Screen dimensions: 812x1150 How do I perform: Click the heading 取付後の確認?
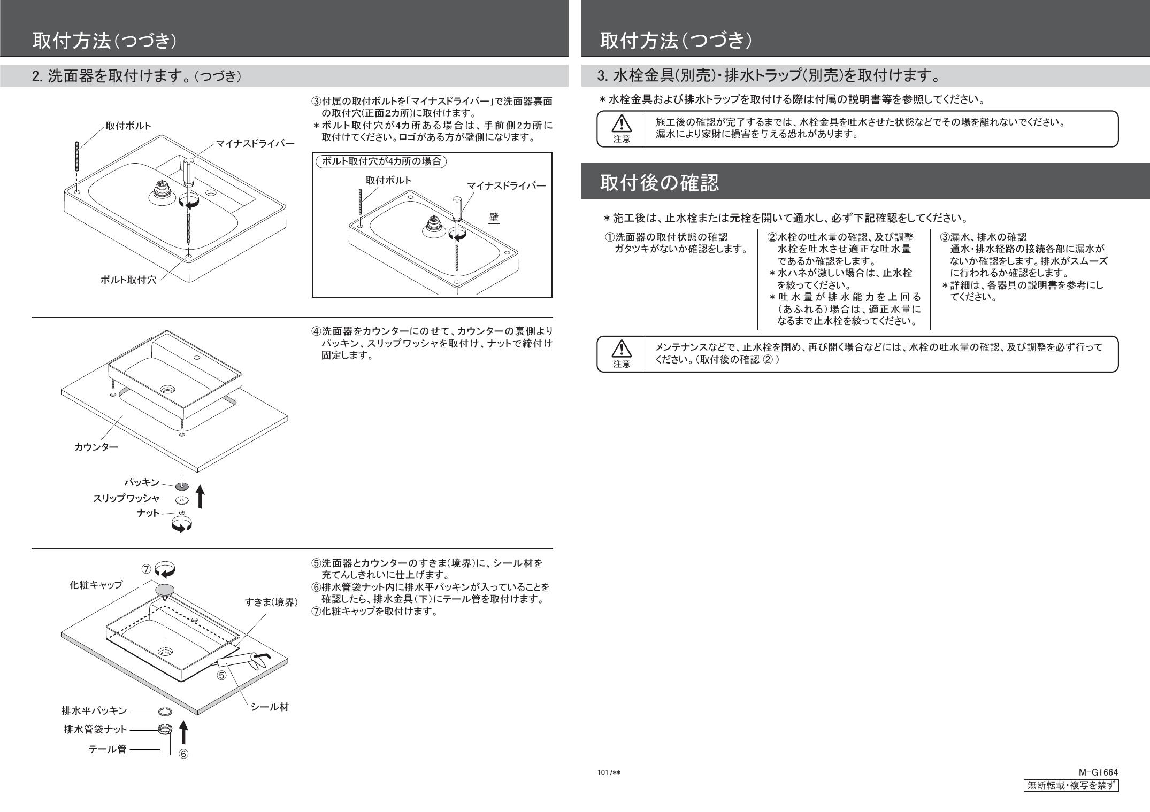659,183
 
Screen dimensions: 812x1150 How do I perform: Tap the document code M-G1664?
1098,772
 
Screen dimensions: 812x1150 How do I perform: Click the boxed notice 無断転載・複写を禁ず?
1070,785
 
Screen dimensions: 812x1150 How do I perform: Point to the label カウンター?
96,447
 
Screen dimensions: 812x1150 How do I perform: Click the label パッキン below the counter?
142,482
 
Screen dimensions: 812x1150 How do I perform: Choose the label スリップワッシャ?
126,498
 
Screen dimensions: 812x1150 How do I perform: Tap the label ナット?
148,513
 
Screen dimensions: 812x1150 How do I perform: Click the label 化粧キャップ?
96,585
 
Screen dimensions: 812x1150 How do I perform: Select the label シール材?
270,707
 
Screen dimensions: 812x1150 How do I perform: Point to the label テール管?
108,749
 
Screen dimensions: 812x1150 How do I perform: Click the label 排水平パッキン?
95,710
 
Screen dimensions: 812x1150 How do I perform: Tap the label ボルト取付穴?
128,280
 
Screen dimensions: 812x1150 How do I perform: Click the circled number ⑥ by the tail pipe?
183,754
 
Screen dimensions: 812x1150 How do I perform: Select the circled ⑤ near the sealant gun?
221,675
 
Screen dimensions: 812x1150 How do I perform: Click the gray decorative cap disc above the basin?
165,590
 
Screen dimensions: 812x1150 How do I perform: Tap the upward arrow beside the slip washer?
200,497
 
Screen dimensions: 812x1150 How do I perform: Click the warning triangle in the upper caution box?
622,124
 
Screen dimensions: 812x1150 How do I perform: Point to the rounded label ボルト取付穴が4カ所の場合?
381,161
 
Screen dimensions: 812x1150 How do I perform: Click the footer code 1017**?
609,773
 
